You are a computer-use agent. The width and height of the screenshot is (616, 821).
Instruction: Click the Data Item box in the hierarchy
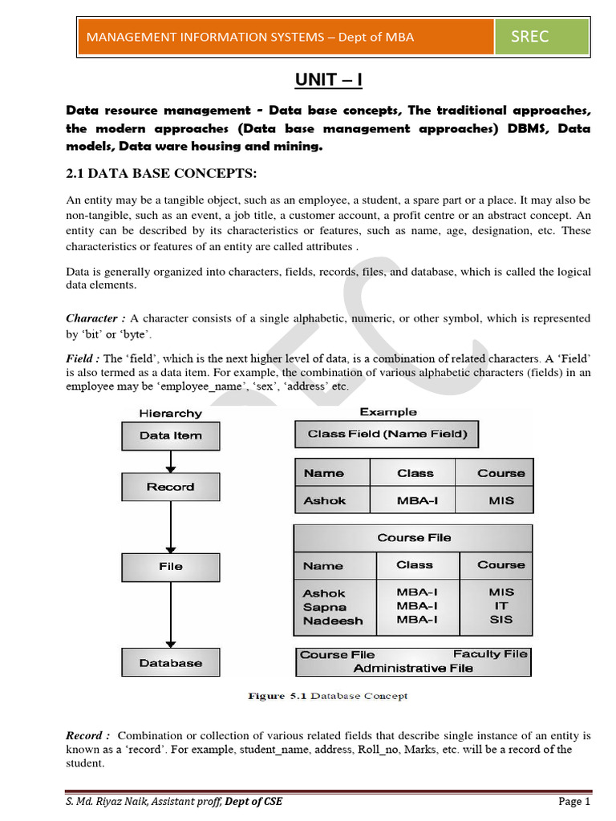coord(170,436)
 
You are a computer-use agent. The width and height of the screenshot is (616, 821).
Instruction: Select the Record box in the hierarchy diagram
coord(170,487)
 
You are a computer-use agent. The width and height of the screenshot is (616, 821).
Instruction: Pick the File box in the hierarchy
coord(170,566)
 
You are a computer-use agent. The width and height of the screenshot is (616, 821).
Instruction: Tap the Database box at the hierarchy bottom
coord(170,663)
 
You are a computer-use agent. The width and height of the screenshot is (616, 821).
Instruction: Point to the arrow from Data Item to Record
coord(170,462)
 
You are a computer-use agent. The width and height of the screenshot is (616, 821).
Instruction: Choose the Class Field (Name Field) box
coord(387,434)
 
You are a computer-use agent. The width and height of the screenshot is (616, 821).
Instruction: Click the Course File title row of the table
coord(413,538)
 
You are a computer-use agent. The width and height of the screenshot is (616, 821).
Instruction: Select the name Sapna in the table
coord(324,607)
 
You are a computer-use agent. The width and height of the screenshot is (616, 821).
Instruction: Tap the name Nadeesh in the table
coord(332,621)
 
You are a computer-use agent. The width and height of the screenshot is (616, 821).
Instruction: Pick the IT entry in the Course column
coord(500,606)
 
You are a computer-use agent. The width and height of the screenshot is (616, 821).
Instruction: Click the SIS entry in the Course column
coord(500,620)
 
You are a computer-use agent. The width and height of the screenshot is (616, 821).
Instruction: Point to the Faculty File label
coord(490,654)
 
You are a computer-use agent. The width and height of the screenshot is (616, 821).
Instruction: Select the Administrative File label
coord(413,668)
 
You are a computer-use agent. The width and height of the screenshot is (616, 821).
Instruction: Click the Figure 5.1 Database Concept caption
coord(326,696)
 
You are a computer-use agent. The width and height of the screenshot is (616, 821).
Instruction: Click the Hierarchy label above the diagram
coord(170,414)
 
